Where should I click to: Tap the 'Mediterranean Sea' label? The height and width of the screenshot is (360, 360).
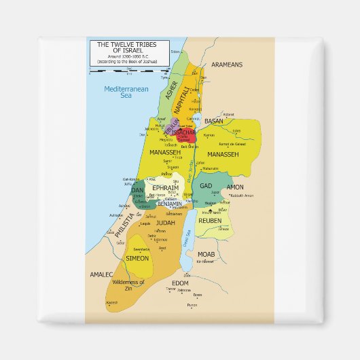[117, 92]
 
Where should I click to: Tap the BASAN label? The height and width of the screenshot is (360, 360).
[214, 121]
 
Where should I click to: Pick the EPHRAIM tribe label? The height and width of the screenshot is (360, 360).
[165, 187]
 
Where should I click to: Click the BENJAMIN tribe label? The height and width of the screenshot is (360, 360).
[169, 203]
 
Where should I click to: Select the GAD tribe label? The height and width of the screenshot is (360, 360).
[206, 185]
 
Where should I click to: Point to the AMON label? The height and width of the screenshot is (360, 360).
[234, 187]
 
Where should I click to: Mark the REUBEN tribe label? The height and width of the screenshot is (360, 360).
[210, 220]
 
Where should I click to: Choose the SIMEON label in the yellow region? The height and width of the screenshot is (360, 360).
[137, 258]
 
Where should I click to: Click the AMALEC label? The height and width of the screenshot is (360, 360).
[100, 275]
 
